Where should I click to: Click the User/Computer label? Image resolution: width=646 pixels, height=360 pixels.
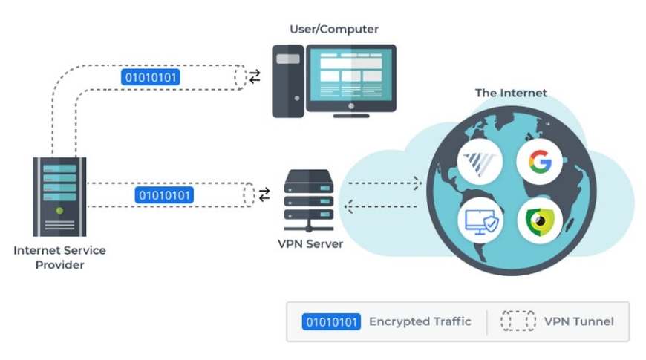[333, 30]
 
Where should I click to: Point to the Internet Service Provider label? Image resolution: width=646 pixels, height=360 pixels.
[59, 257]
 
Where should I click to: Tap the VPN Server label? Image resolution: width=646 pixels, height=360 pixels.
[307, 243]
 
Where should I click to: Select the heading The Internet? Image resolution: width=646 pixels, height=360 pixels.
[510, 94]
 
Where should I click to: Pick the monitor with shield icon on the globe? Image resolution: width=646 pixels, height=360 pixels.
[480, 220]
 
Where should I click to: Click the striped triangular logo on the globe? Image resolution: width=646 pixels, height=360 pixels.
[480, 162]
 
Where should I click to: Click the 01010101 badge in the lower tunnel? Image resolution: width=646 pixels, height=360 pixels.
[164, 195]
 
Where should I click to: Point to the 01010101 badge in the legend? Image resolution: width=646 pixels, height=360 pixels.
[331, 321]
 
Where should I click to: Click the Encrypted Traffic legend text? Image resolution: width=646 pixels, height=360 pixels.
[420, 321]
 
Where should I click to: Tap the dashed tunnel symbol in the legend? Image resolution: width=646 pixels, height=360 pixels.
[518, 321]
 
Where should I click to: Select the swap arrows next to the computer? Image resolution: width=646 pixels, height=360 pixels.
[255, 76]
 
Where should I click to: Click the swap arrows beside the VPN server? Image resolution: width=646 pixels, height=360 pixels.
[264, 194]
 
